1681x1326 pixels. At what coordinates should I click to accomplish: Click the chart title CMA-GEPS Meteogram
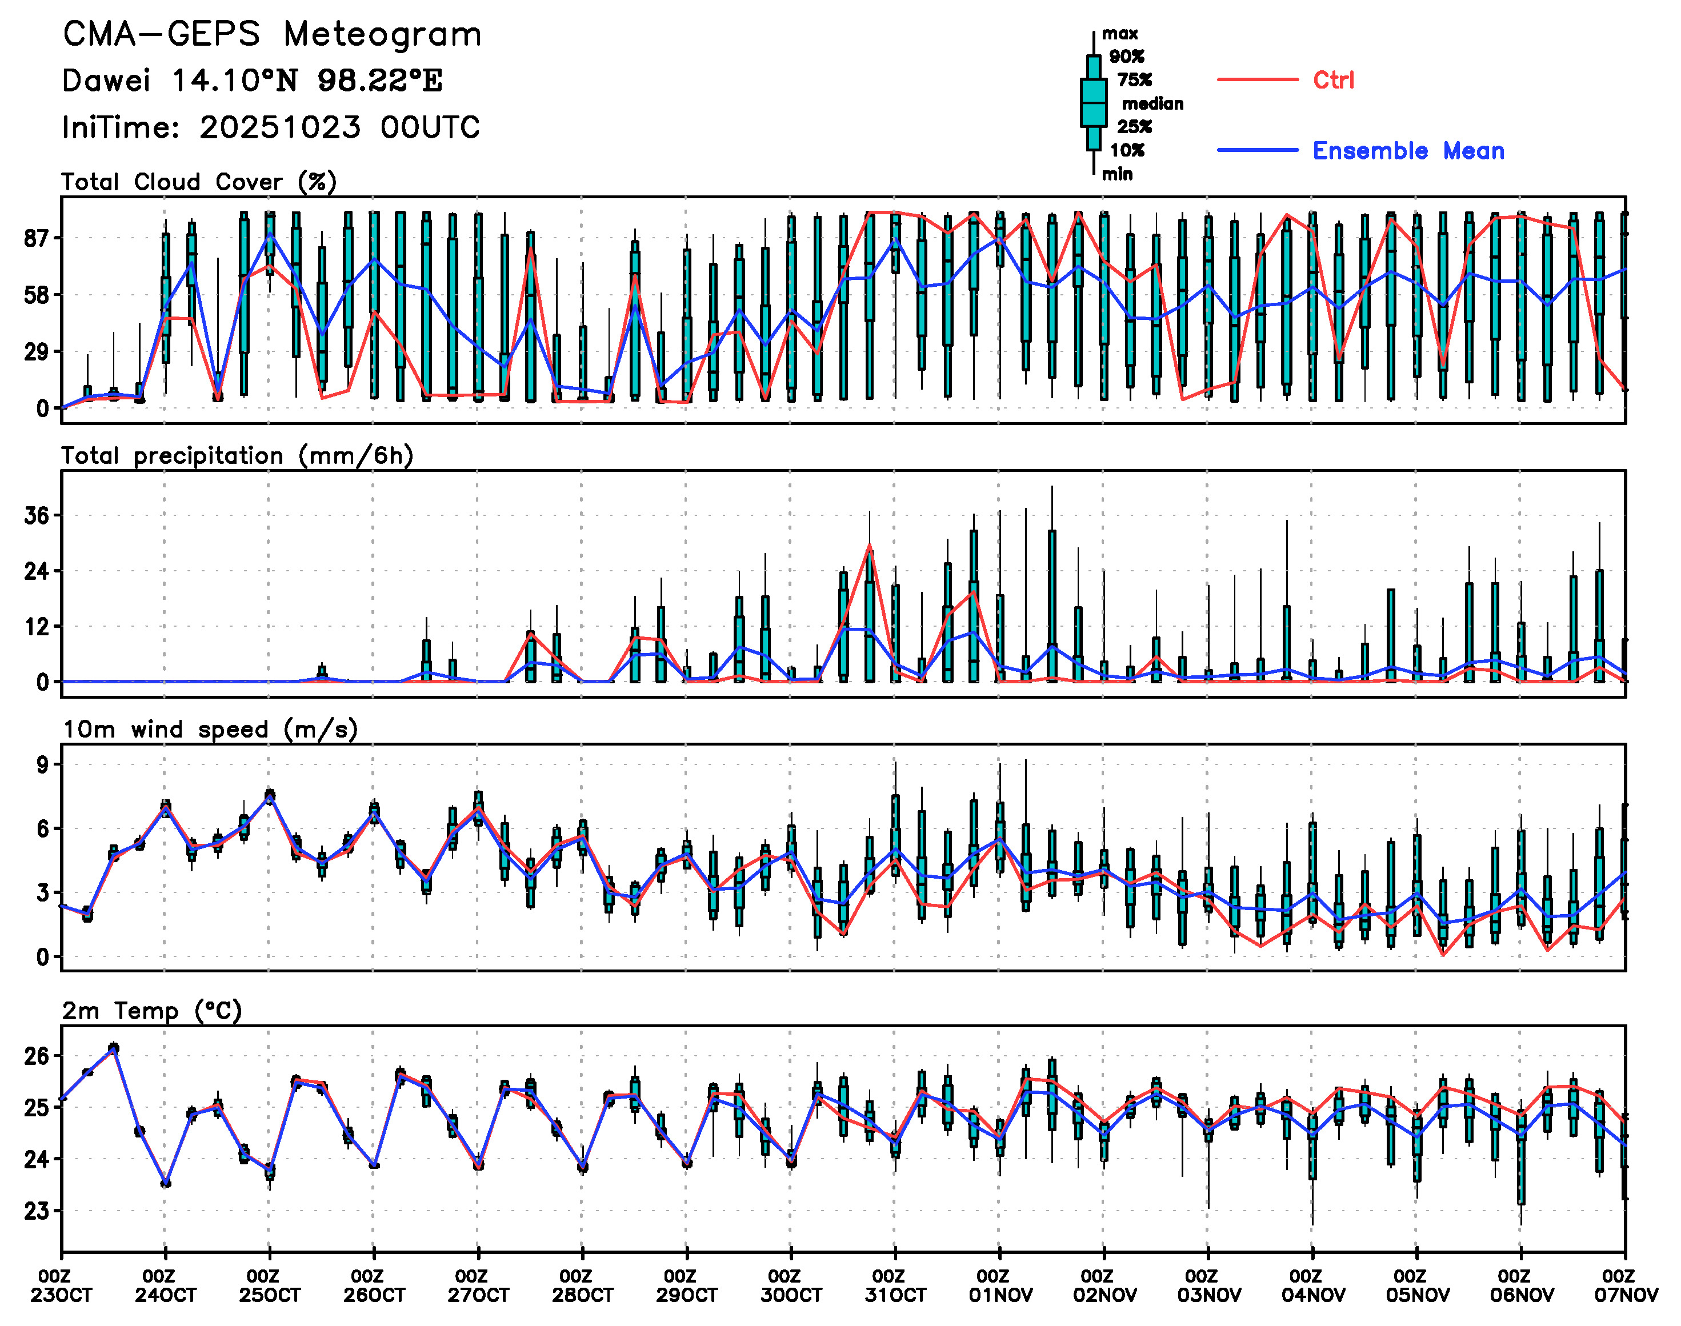272,35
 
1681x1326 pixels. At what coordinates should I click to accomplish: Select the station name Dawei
106,81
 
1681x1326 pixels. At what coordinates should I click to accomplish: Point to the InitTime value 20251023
279,127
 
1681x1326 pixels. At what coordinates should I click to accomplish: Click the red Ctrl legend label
1333,80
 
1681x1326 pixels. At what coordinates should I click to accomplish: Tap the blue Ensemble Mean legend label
1408,151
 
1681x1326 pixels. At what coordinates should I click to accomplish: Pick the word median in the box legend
1152,104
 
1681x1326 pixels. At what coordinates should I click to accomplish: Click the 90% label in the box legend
1127,57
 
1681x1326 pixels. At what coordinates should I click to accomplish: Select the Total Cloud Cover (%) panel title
199,182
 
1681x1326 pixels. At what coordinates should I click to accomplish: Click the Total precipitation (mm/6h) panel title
237,456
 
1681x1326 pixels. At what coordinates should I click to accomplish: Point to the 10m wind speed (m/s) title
210,730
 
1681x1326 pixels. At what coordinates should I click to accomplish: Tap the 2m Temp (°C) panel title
152,1011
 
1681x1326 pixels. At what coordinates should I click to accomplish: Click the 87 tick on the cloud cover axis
36,238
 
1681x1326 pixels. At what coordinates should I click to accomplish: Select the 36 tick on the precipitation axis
36,515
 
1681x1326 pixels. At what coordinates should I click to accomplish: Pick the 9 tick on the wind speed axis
41,766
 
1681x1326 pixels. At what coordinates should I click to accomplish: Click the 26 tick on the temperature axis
36,1056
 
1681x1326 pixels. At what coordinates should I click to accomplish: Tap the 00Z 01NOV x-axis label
1000,1285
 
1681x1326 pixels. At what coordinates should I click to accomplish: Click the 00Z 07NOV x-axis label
1625,1285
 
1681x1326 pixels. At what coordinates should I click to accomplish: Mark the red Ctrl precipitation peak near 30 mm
870,546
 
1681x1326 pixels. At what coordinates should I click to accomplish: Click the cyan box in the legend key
1093,102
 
